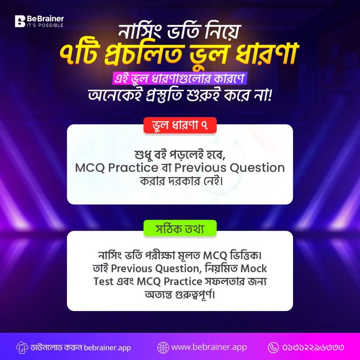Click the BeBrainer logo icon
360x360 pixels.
[x=20, y=21]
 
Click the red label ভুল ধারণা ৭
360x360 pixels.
[x=180, y=126]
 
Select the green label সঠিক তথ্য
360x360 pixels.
[x=180, y=229]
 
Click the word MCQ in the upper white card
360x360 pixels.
[x=90, y=168]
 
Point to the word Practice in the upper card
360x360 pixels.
[x=133, y=168]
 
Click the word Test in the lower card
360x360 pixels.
[x=104, y=282]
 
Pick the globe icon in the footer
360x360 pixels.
[x=163, y=347]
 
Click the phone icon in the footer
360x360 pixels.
[x=274, y=347]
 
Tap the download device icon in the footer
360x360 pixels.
[x=22, y=348]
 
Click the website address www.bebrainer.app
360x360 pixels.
[x=209, y=347]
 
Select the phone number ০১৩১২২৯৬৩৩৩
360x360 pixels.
[x=313, y=347]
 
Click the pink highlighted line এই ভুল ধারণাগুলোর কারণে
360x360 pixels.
[x=180, y=78]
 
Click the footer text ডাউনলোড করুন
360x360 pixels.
[x=56, y=347]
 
